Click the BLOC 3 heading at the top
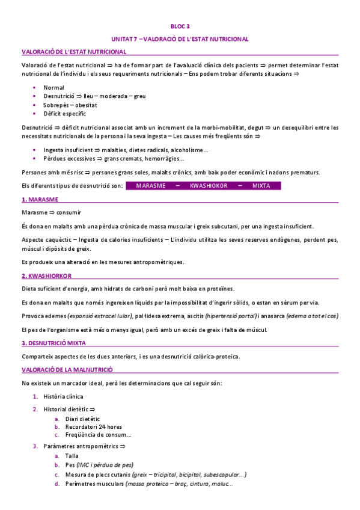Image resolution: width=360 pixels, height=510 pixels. pyautogui.click(x=180, y=26)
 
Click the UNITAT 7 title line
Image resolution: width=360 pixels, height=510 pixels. pyautogui.click(x=180, y=39)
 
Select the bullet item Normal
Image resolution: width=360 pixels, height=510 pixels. pyautogui.click(x=53, y=87)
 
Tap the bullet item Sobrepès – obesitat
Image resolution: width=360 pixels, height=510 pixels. pyautogui.click(x=70, y=105)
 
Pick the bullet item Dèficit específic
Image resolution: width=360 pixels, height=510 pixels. pyautogui.click(x=65, y=113)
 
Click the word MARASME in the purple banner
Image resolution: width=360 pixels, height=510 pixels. pyautogui.click(x=151, y=186)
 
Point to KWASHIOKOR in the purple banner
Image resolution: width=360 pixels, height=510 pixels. pyautogui.click(x=209, y=186)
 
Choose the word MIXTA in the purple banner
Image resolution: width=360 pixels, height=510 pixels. pyautogui.click(x=261, y=186)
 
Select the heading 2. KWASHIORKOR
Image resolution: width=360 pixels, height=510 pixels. pyautogui.click(x=47, y=276)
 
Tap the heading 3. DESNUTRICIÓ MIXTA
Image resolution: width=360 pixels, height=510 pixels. pyautogui.click(x=53, y=343)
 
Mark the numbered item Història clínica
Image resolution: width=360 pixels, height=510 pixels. pyautogui.click(x=64, y=397)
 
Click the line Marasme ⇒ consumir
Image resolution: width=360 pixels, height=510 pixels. pyautogui.click(x=47, y=213)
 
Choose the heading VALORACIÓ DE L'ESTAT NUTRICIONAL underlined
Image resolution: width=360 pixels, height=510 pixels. pyautogui.click(x=74, y=52)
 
